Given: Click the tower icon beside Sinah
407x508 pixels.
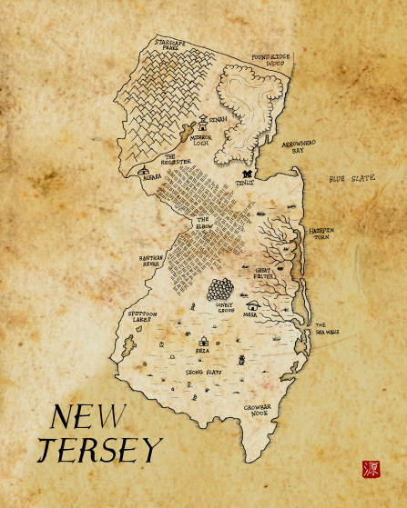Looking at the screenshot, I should (x=202, y=120).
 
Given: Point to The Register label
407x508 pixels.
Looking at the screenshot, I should (x=175, y=159).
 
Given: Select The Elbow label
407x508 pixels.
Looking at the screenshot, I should (x=203, y=223).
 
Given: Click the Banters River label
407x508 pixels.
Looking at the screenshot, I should (x=151, y=260).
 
